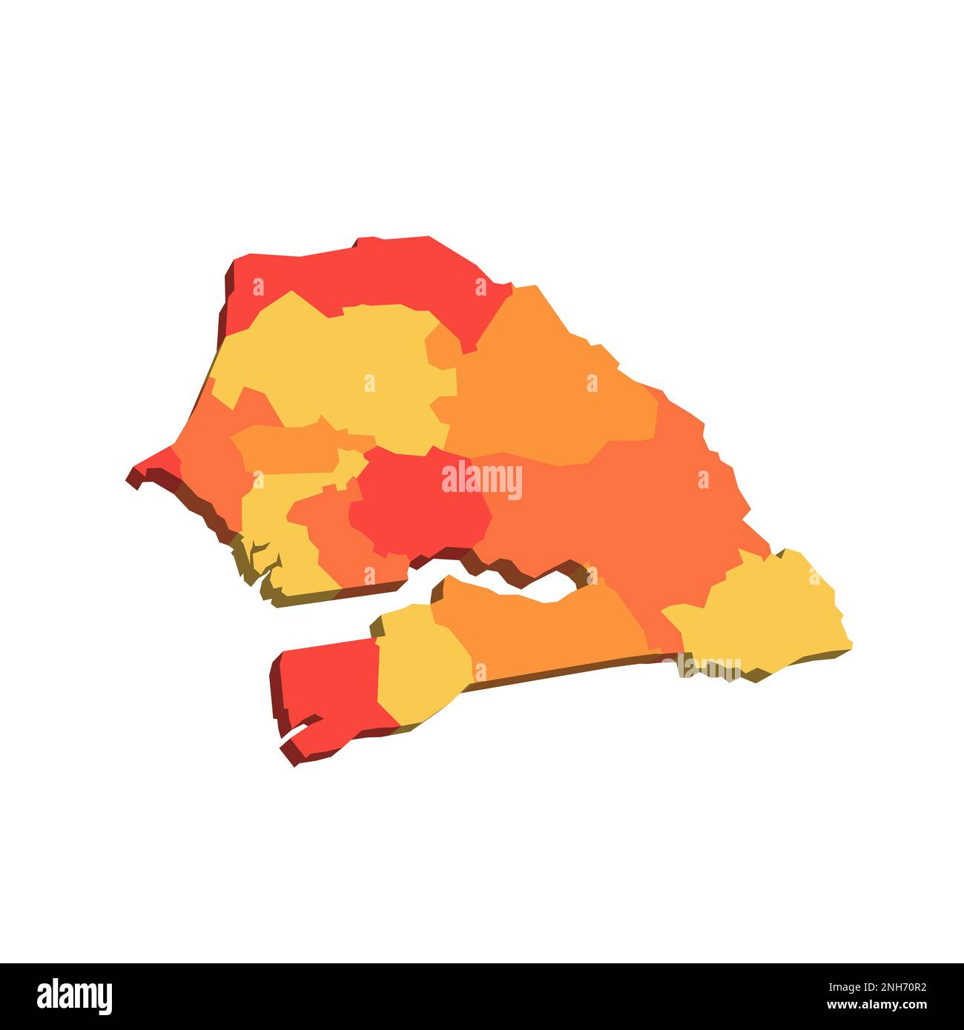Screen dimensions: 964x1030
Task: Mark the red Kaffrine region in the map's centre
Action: pos(415,504)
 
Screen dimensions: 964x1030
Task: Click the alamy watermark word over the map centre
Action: pos(482,480)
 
